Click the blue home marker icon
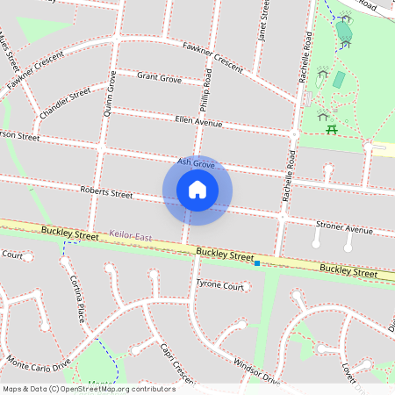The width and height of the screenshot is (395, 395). click(x=197, y=190)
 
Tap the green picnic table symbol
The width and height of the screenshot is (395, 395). click(x=332, y=130)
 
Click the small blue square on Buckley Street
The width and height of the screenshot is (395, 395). click(x=256, y=262)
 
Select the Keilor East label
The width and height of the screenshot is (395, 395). click(x=132, y=236)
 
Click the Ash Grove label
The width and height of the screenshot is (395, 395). click(x=196, y=163)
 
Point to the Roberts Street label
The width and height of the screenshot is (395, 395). click(x=106, y=192)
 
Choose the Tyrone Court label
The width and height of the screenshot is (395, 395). click(x=219, y=285)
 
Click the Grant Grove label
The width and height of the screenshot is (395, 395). click(x=159, y=79)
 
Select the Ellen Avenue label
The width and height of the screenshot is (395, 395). click(x=198, y=120)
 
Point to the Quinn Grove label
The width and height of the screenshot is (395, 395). click(x=110, y=93)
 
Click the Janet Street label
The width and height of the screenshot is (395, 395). click(x=262, y=21)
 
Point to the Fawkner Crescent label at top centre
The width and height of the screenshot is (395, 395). click(x=212, y=55)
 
